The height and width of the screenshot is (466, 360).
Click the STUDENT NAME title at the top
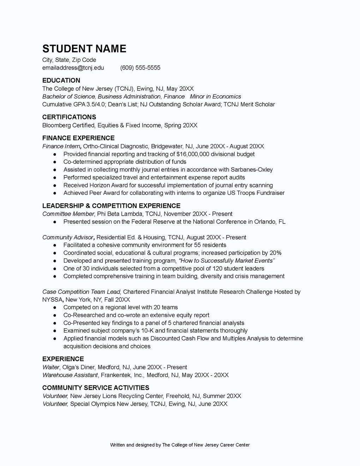point(84,49)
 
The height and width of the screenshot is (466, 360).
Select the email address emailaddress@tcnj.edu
point(73,68)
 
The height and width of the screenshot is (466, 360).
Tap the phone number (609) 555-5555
point(140,68)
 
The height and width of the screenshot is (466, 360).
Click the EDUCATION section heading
point(61,80)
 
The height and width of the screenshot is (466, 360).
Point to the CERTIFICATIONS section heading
point(69,117)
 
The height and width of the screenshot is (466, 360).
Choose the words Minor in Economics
point(215,97)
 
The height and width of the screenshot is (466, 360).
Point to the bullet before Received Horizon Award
point(55,185)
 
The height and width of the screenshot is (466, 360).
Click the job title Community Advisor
point(68,238)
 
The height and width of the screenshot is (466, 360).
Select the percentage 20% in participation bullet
point(275,253)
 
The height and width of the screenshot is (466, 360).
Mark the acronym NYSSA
point(52,300)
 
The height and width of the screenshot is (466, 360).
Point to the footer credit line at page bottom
point(180,445)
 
